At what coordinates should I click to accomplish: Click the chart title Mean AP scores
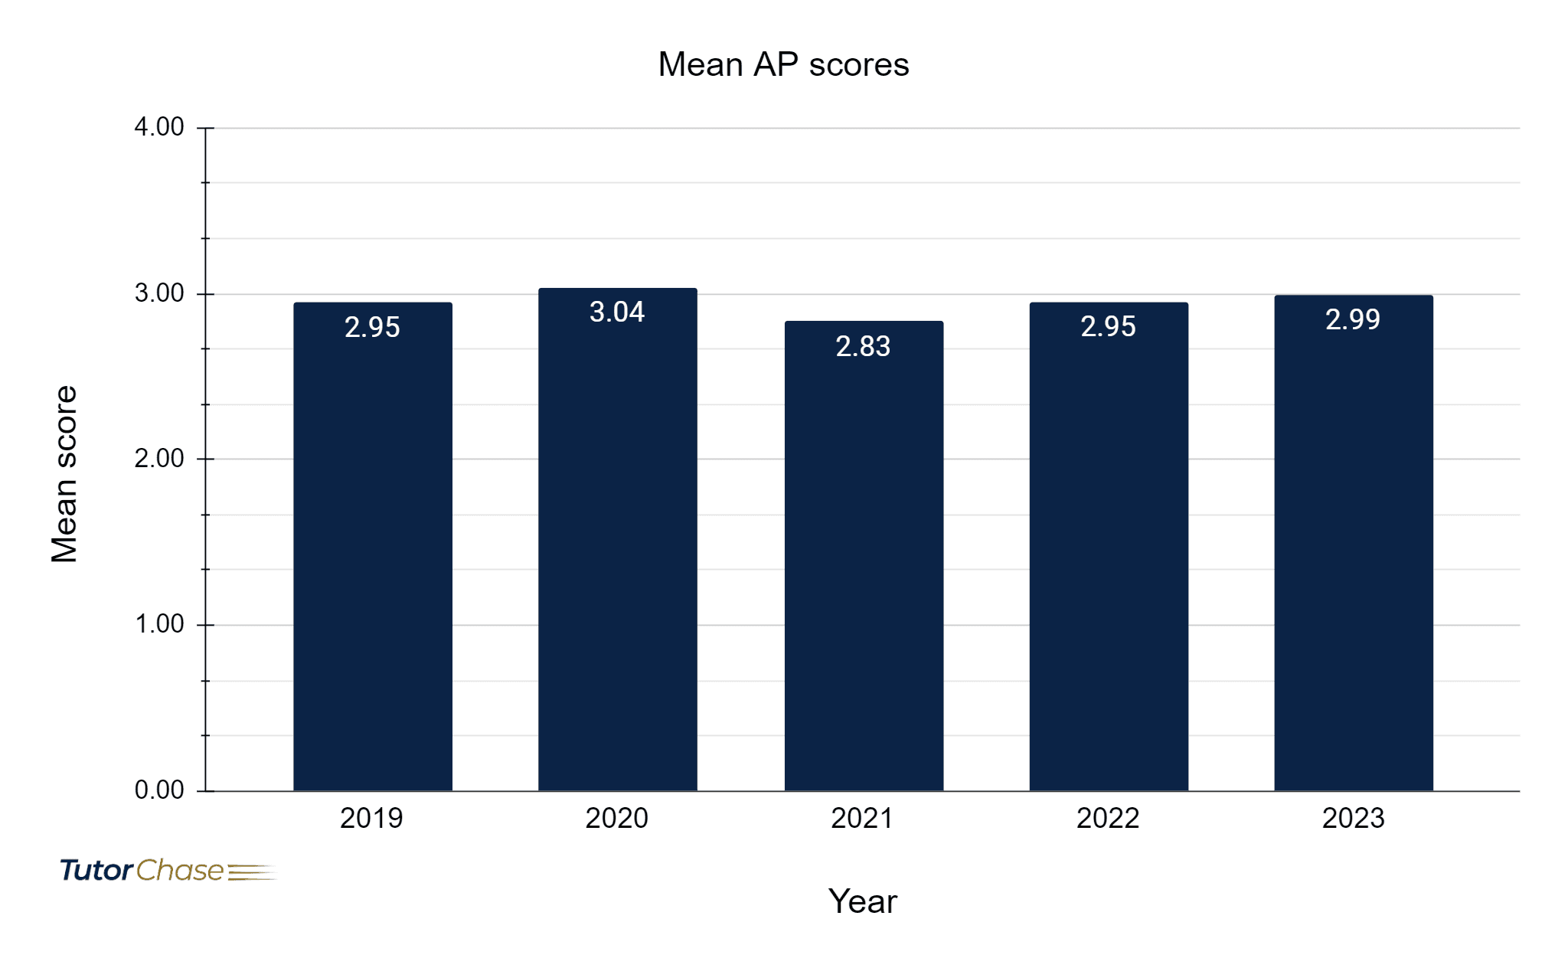(x=783, y=64)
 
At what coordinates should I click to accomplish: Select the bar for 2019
(x=373, y=547)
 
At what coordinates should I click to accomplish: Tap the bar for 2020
(x=618, y=540)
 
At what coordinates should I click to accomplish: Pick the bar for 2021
(x=864, y=556)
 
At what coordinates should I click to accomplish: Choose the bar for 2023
(x=1354, y=543)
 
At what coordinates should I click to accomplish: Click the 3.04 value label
(x=617, y=312)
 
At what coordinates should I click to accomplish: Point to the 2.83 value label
(x=863, y=347)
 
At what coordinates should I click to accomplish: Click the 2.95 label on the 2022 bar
(x=1108, y=327)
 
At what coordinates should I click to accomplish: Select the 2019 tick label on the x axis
(x=371, y=819)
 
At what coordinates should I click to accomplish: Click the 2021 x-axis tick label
(x=862, y=819)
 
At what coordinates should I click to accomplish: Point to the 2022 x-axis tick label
(x=1108, y=819)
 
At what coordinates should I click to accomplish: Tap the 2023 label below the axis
(x=1353, y=819)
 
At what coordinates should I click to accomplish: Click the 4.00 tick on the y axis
(x=159, y=127)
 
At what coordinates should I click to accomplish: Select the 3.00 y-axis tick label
(x=159, y=293)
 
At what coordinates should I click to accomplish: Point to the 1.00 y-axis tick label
(x=159, y=624)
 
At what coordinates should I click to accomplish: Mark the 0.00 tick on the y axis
(x=159, y=790)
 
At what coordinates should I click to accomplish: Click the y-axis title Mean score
(x=64, y=474)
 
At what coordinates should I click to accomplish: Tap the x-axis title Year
(x=862, y=901)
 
